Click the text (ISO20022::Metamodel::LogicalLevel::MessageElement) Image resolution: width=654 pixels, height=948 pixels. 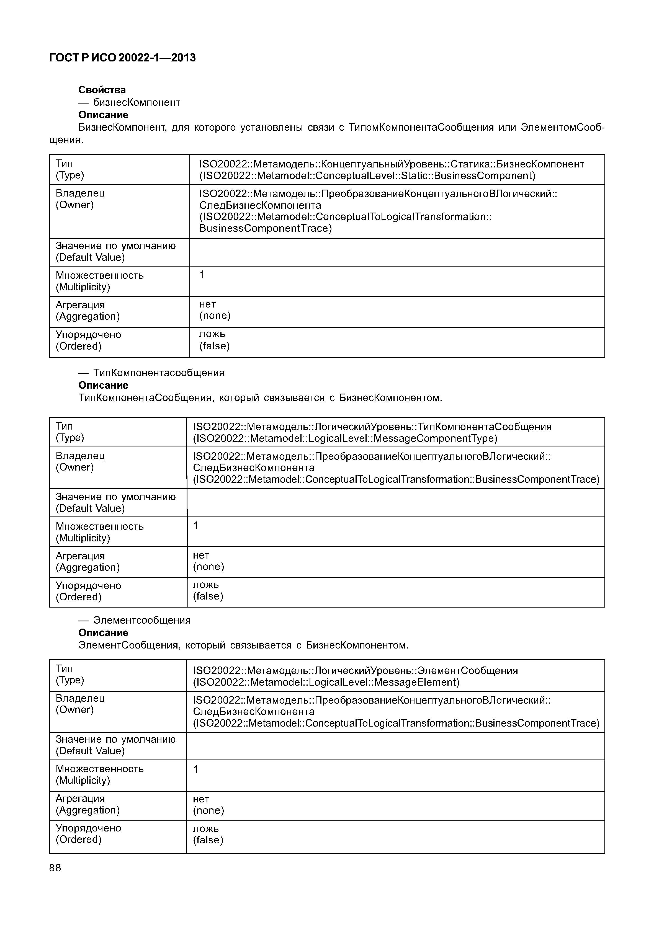click(x=326, y=682)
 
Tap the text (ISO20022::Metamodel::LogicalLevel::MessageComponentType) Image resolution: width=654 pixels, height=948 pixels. click(x=345, y=438)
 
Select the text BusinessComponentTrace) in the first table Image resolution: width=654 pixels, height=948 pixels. click(x=266, y=228)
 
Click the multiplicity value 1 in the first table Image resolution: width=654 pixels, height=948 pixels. click(x=202, y=275)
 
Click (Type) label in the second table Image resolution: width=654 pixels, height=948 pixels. click(x=70, y=438)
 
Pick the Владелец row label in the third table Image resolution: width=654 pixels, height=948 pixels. click(x=80, y=698)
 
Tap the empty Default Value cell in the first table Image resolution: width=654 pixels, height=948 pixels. click(x=397, y=252)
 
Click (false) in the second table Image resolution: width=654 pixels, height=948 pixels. click(x=208, y=596)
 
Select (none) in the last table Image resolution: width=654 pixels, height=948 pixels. click(x=208, y=810)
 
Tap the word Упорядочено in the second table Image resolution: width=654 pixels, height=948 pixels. click(x=89, y=585)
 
